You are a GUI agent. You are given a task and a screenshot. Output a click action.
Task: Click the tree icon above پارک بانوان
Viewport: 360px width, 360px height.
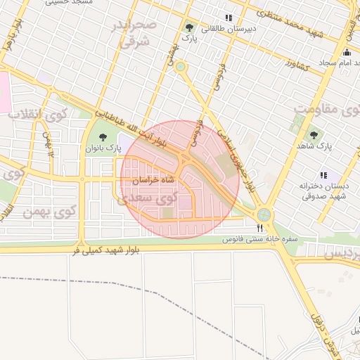[x=103, y=138]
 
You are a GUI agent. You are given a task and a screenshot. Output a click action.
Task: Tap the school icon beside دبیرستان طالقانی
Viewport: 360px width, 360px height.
[x=227, y=18]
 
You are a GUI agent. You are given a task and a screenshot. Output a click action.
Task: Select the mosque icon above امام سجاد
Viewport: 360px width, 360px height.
[x=346, y=52]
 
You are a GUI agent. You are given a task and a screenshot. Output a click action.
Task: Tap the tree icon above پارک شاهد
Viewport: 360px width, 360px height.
[x=314, y=134]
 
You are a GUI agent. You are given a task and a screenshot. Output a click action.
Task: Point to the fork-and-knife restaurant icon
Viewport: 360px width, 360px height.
[x=260, y=228]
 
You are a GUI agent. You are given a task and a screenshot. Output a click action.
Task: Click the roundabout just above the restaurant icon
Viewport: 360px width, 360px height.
[x=264, y=214]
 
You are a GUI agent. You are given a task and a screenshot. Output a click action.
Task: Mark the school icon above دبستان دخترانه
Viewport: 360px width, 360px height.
[x=323, y=175]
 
